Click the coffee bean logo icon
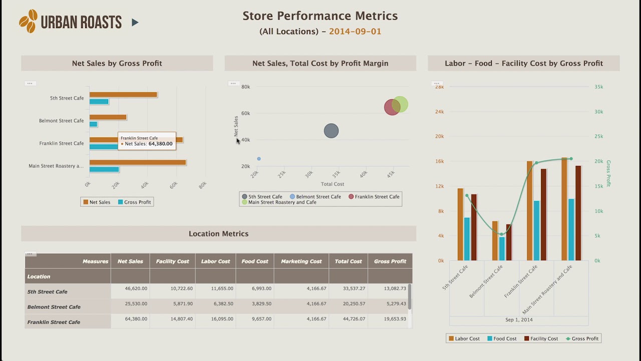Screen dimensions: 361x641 pos(28,21)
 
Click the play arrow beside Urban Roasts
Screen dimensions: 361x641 pos(135,22)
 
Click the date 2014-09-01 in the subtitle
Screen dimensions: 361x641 pos(355,32)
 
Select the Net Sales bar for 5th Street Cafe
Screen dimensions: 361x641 pos(123,95)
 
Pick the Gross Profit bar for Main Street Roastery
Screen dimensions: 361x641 pos(104,169)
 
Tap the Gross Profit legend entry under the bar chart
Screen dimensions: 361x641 pos(134,202)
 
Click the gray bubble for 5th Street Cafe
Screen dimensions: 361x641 pos(331,131)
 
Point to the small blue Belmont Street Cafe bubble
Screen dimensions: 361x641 pos(259,159)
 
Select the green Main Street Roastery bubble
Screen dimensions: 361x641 pos(400,104)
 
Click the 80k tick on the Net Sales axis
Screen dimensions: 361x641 pos(245,87)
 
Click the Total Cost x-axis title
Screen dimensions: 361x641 pos(333,184)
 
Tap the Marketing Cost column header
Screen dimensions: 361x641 pos(301,261)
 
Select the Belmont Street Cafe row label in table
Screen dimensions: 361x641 pos(54,307)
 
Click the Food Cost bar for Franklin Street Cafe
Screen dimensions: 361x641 pos(536,230)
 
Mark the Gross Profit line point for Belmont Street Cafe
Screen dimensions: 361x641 pos(501,234)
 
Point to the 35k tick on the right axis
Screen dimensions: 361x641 pos(598,87)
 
